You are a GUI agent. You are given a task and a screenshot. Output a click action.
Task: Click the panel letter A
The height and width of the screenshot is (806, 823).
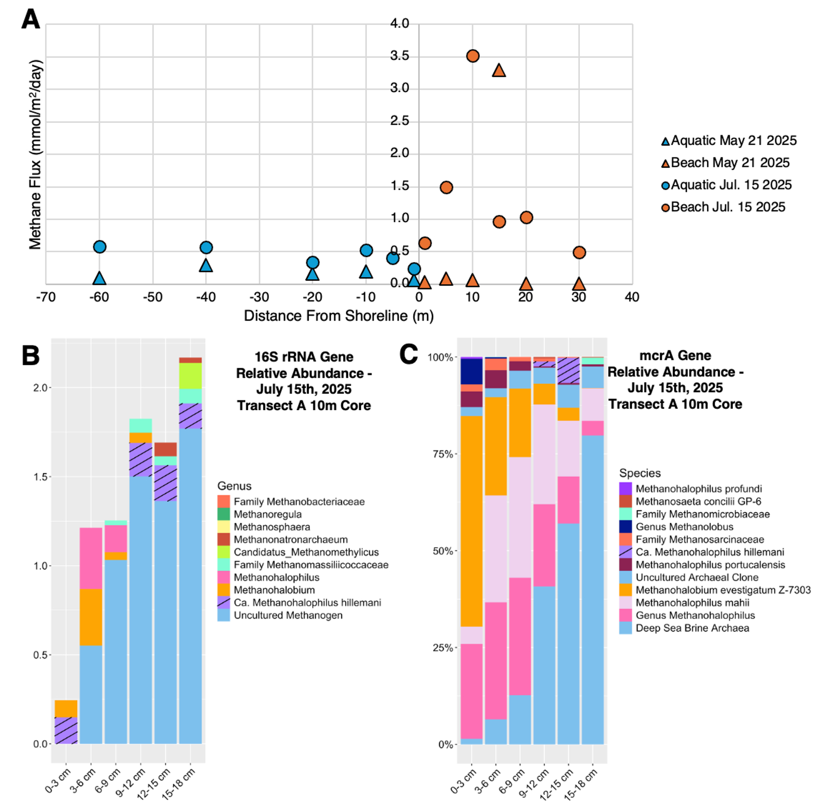click(31, 19)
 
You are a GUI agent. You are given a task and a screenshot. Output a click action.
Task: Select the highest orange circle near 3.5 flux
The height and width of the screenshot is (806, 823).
click(472, 56)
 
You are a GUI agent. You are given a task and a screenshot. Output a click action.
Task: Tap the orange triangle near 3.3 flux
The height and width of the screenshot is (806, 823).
click(499, 70)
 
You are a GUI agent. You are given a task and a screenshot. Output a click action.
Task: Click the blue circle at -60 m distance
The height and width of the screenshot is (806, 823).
click(100, 247)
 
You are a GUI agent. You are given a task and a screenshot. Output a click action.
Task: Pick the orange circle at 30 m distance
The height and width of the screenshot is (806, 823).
click(579, 253)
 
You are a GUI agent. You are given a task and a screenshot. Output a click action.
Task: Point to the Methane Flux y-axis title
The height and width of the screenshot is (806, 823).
click(35, 154)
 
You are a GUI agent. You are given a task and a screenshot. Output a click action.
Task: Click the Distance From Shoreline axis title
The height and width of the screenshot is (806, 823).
click(338, 316)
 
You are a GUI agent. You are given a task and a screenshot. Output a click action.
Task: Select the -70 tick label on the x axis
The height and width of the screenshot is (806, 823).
click(46, 297)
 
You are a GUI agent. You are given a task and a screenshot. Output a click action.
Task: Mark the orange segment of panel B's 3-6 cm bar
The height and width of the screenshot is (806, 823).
click(91, 617)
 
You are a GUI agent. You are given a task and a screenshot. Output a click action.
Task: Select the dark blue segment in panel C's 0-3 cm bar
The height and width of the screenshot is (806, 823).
click(472, 371)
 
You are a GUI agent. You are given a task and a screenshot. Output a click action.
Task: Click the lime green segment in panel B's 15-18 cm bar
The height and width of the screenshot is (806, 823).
click(190, 376)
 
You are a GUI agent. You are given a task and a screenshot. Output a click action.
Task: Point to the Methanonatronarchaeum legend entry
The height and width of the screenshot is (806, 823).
click(290, 540)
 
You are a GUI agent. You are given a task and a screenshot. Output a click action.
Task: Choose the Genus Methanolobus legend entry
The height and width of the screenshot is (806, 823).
click(684, 527)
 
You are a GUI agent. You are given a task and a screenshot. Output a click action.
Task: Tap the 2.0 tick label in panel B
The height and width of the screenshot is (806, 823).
click(40, 388)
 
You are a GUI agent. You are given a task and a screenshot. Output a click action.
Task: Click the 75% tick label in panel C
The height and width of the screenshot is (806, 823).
click(443, 454)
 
